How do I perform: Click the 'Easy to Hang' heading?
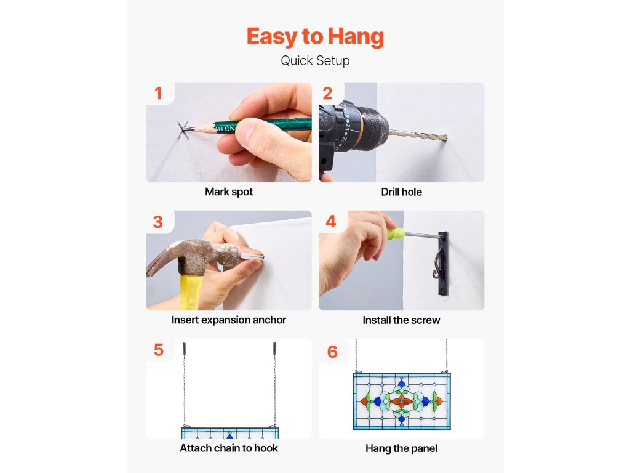pos(315,36)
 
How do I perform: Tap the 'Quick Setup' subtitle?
pos(315,61)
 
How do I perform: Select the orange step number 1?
pos(158,94)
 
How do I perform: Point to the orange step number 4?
pos(330,221)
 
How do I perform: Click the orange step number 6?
pos(332,352)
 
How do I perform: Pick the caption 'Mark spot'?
pos(229,192)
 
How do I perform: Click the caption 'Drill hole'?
pos(401,192)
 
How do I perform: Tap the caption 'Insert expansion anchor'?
pos(229,320)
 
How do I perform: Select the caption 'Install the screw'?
pos(401,320)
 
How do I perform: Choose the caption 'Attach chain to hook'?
pos(229,448)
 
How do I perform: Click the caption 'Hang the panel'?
pos(401,448)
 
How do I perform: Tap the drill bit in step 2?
pos(418,135)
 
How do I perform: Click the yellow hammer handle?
pos(191,291)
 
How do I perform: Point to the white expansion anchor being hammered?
pos(252,256)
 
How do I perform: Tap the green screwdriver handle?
pos(396,233)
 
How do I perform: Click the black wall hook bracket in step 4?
pos(442,264)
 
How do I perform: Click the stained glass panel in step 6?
pos(401,401)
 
